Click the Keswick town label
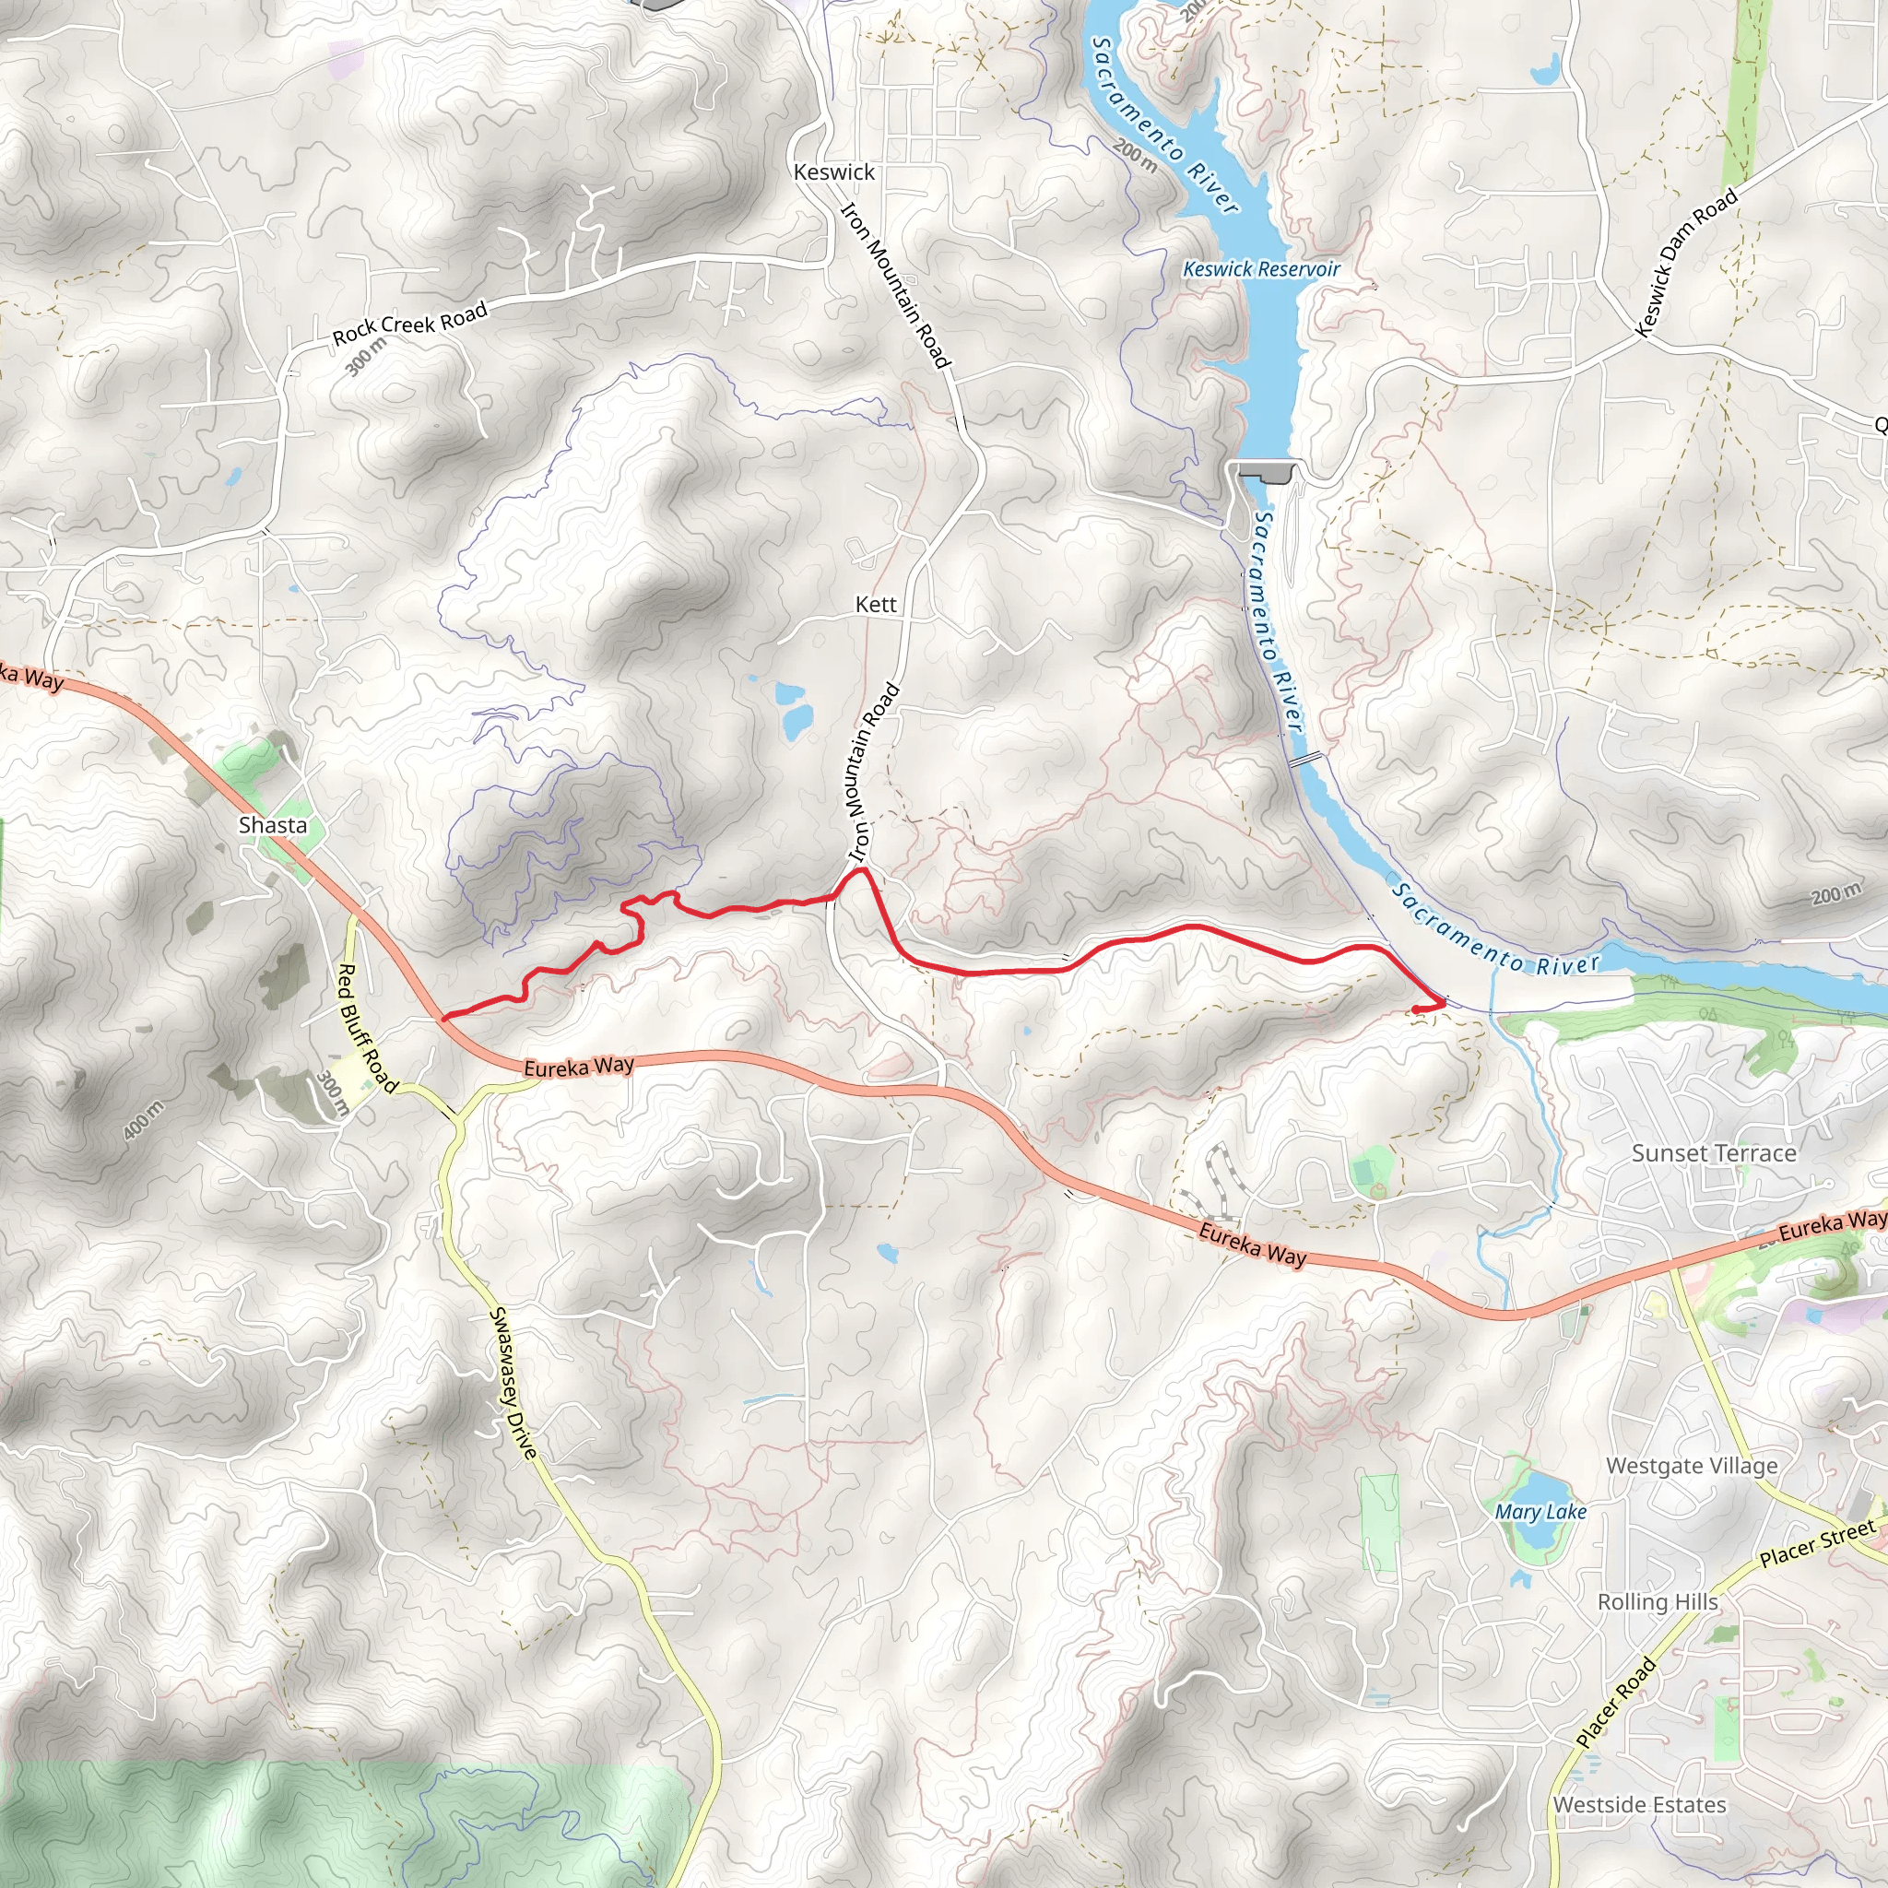point(833,172)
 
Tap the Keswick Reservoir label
point(1260,269)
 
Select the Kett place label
point(876,605)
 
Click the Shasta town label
point(273,825)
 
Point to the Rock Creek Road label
point(409,324)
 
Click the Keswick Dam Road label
point(1687,262)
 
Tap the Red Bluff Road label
point(367,1028)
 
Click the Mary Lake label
point(1540,1512)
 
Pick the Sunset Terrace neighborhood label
point(1714,1153)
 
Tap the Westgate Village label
point(1692,1466)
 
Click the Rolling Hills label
point(1658,1601)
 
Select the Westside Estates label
point(1640,1805)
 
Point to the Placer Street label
point(1817,1544)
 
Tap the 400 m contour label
point(144,1120)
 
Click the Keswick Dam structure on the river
point(1267,473)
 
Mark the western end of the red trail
point(444,1019)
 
